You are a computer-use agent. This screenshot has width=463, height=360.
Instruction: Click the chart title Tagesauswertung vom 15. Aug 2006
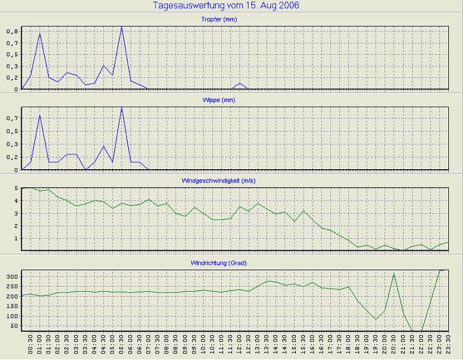pyautogui.click(x=226, y=6)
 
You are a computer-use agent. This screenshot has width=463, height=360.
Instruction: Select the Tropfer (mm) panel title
pyautogui.click(x=233, y=19)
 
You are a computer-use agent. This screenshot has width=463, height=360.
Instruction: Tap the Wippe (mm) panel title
pyautogui.click(x=233, y=100)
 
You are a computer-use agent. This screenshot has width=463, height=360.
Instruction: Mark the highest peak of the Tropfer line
pyautogui.click(x=122, y=27)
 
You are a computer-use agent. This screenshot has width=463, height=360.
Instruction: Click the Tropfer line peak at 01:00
pyautogui.click(x=40, y=33)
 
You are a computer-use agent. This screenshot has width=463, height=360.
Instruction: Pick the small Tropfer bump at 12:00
pyautogui.click(x=240, y=83)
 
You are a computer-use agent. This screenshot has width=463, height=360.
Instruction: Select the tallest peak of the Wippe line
pyautogui.click(x=122, y=108)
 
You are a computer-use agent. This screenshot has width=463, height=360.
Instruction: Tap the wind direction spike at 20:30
pyautogui.click(x=393, y=274)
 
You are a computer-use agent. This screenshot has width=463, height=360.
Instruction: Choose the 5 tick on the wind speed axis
pyautogui.click(x=15, y=188)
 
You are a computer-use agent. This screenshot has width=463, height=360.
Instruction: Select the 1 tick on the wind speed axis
pyautogui.click(x=15, y=239)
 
